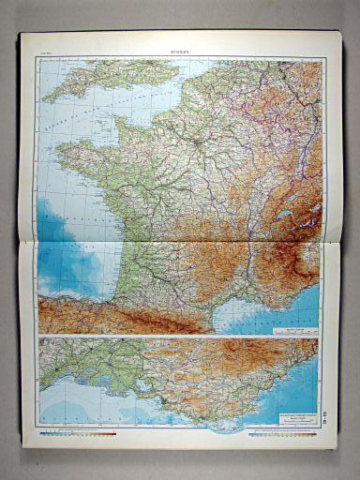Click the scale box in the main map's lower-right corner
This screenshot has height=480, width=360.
(296, 329)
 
